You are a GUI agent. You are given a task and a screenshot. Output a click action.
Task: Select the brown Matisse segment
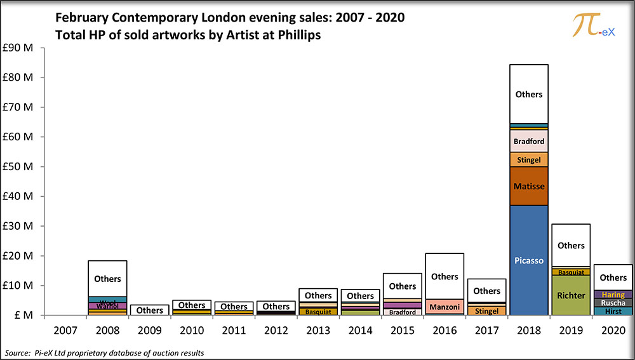[x=528, y=186]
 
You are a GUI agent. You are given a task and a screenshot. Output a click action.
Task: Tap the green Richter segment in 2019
[x=571, y=295]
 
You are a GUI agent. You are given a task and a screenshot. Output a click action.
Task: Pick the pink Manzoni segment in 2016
[x=444, y=307]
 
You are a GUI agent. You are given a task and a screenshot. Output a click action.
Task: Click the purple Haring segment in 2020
[x=613, y=295]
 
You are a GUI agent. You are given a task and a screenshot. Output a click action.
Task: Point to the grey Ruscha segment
[x=613, y=303]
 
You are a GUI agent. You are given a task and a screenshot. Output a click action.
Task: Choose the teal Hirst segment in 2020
[x=613, y=311]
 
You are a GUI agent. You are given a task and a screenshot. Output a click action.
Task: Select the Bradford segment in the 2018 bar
[x=528, y=141]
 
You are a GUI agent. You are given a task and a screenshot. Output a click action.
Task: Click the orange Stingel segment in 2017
[x=486, y=311]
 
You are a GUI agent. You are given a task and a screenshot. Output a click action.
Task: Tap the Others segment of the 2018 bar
[x=528, y=94]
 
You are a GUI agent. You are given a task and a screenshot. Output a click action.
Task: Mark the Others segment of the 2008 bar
[x=107, y=278]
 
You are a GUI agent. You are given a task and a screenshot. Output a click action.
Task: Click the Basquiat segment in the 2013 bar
[x=317, y=312]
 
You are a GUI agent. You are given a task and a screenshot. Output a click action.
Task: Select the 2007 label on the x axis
[x=65, y=331]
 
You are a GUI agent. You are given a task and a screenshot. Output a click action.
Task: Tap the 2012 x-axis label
[x=276, y=331]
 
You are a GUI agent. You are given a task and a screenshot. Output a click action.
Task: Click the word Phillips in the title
[x=298, y=36]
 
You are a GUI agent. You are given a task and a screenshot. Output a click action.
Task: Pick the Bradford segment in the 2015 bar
[x=402, y=312]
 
